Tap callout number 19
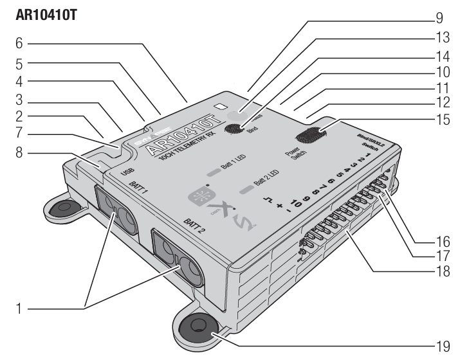point(443,345)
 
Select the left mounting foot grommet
point(64,210)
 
